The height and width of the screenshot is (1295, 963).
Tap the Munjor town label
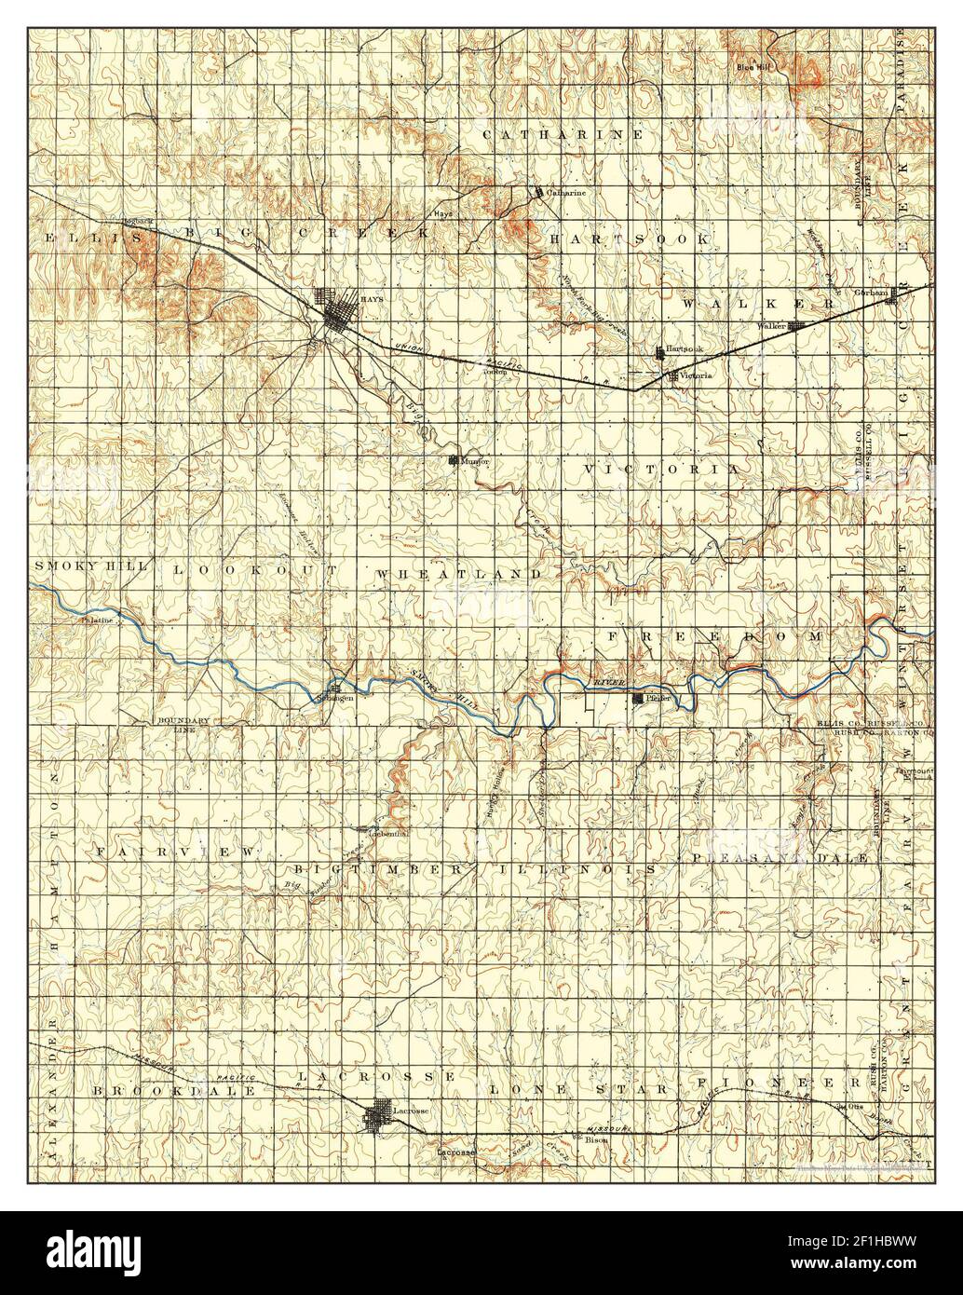476,461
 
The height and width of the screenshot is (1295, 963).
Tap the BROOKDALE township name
160,1087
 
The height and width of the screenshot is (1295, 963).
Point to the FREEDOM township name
717,635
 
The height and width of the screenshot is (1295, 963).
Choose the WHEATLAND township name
459,574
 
